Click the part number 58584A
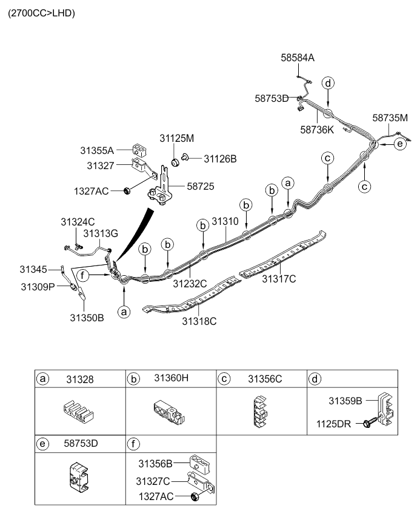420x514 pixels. pyautogui.click(x=298, y=58)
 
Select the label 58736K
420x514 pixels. pyautogui.click(x=317, y=130)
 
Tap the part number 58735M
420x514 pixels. pyautogui.click(x=390, y=118)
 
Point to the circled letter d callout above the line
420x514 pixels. pyautogui.click(x=328, y=83)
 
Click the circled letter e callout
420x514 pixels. pyautogui.click(x=400, y=144)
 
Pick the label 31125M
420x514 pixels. pyautogui.click(x=177, y=138)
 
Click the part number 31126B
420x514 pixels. pyautogui.click(x=220, y=159)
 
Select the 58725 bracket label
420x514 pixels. pyautogui.click(x=201, y=186)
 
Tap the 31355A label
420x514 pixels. pyautogui.click(x=97, y=150)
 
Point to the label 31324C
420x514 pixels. pyautogui.click(x=78, y=222)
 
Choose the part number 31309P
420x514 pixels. pyautogui.click(x=38, y=287)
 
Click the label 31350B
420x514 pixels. pyautogui.click(x=87, y=318)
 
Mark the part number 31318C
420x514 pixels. pyautogui.click(x=199, y=321)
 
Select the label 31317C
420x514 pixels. pyautogui.click(x=279, y=279)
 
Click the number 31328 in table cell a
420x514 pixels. pyautogui.click(x=80, y=379)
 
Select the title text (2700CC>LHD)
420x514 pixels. pyautogui.click(x=42, y=13)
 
